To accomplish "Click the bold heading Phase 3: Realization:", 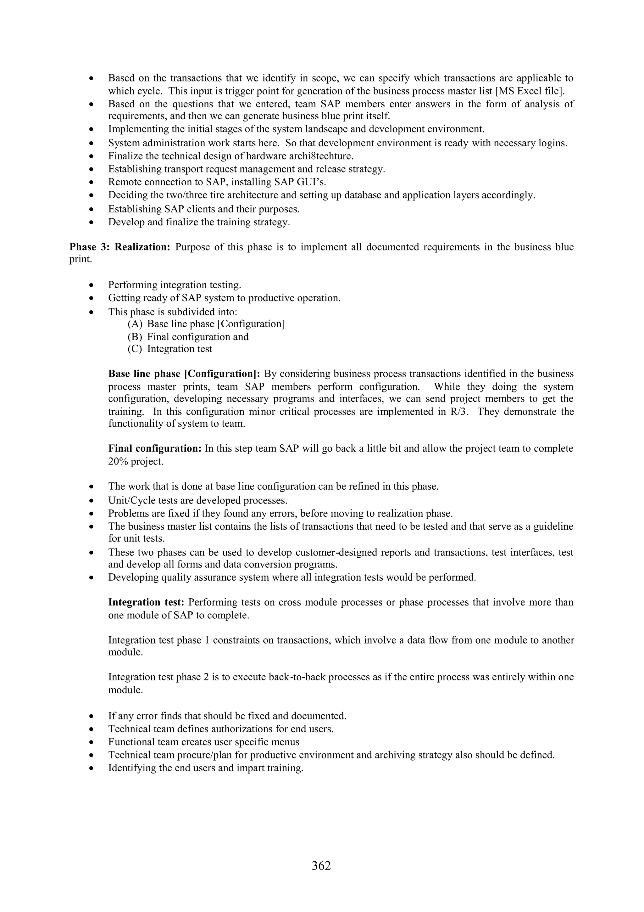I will [x=120, y=247].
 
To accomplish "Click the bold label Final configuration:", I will [x=155, y=448].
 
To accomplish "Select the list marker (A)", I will [x=135, y=324].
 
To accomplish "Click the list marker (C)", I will [x=135, y=349].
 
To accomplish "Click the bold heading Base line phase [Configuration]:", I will [x=184, y=374].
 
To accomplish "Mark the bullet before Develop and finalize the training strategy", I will [x=92, y=222].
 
